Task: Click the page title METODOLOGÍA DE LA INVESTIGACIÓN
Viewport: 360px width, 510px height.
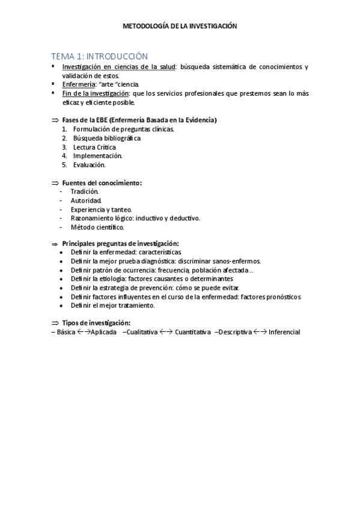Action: click(x=180, y=26)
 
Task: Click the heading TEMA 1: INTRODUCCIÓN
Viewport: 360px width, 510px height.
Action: click(x=99, y=55)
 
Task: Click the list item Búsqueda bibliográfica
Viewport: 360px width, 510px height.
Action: click(x=106, y=138)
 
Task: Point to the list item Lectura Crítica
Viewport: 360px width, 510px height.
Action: click(x=94, y=147)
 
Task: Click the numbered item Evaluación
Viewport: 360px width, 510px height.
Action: click(x=90, y=165)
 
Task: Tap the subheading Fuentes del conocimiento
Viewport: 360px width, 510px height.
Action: click(x=102, y=182)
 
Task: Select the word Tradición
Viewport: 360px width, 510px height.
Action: click(x=84, y=191)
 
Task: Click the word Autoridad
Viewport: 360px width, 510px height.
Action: click(x=86, y=200)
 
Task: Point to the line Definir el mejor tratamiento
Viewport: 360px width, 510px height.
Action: click(x=112, y=306)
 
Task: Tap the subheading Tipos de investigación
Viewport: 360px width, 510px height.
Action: click(x=96, y=323)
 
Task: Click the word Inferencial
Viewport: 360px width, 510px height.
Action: click(x=284, y=332)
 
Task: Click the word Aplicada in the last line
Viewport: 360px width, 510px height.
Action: click(x=103, y=332)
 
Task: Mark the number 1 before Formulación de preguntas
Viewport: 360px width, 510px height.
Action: click(x=64, y=129)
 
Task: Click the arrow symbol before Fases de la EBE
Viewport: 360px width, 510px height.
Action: click(x=55, y=120)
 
